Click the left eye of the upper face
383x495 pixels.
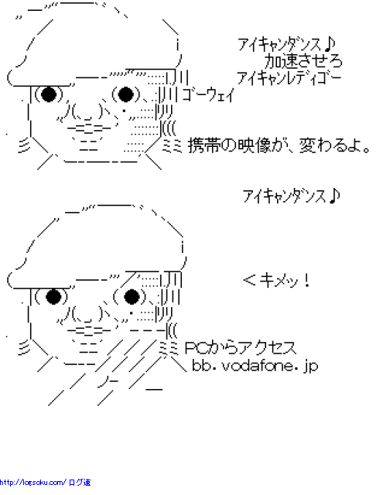tap(49, 94)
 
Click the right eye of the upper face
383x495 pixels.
tap(125, 94)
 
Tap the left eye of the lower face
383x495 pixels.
tap(53, 296)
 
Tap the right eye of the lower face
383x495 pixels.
tap(132, 296)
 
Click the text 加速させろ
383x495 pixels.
tap(303, 61)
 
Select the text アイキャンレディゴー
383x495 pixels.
tap(289, 78)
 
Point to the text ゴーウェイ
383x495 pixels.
tap(208, 94)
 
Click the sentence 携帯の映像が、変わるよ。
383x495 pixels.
tap(279, 146)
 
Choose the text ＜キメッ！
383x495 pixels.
tap(277, 280)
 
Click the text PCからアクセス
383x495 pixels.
tap(241, 348)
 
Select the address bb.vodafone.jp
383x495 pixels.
tap(255, 366)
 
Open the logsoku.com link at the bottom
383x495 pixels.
tap(32, 483)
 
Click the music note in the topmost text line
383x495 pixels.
tap(329, 45)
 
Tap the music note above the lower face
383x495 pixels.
tap(334, 196)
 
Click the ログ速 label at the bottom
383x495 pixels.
tap(80, 483)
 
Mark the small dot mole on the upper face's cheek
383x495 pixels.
tap(124, 111)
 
